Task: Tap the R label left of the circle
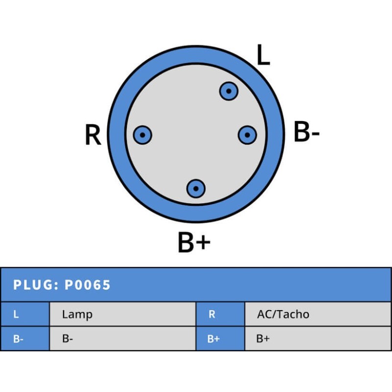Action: pyautogui.click(x=93, y=135)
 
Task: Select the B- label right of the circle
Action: pyautogui.click(x=306, y=133)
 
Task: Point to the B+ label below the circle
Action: pyautogui.click(x=194, y=242)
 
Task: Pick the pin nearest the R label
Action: pyautogui.click(x=143, y=135)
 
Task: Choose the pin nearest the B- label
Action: pyautogui.click(x=247, y=135)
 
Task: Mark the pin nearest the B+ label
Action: pyautogui.click(x=196, y=188)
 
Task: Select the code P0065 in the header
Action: pyautogui.click(x=88, y=285)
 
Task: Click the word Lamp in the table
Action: pyautogui.click(x=77, y=315)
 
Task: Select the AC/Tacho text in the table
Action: pyautogui.click(x=283, y=315)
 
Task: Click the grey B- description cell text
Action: pyautogui.click(x=68, y=339)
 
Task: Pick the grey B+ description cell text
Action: pyautogui.click(x=263, y=339)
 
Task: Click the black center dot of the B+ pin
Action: pyautogui.click(x=196, y=188)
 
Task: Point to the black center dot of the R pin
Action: pyautogui.click(x=143, y=135)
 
